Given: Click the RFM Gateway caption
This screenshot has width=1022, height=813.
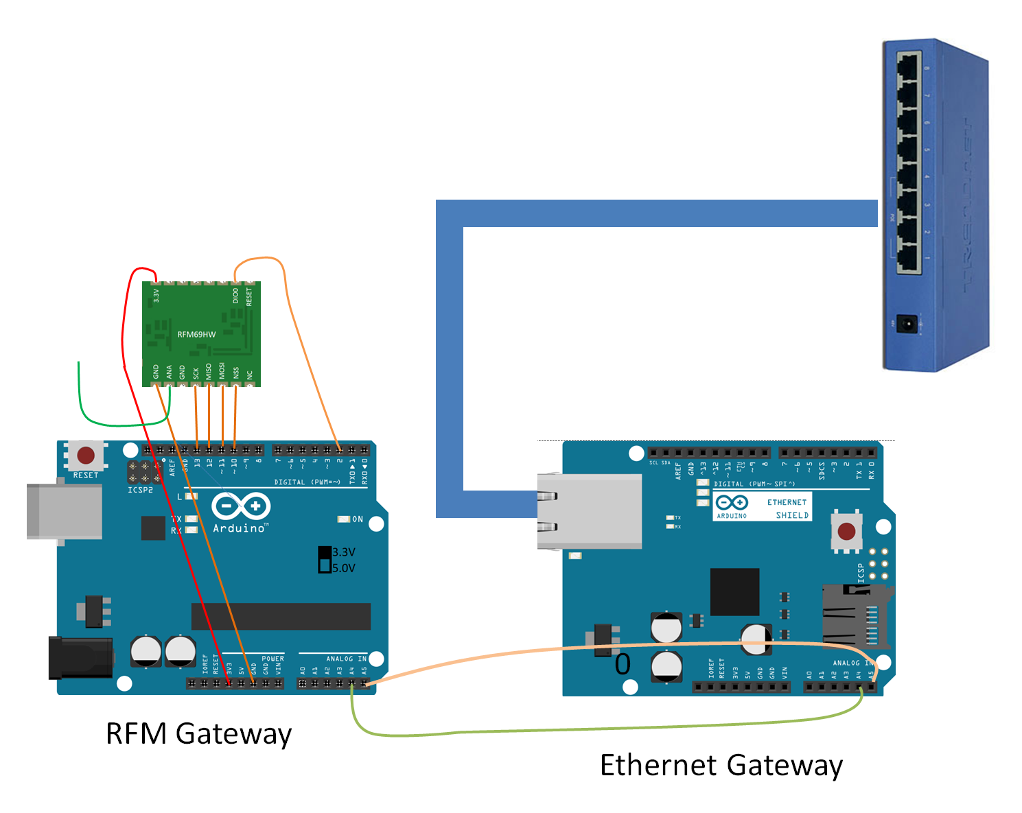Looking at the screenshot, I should click(x=198, y=733).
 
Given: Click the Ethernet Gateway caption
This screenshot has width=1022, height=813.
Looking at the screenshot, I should click(x=721, y=765).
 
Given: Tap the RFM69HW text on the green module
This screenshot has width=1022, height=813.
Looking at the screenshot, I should click(x=196, y=335).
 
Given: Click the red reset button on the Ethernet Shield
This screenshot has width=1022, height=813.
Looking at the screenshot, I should click(x=846, y=531).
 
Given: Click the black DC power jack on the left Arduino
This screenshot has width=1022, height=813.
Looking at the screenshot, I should click(x=80, y=657).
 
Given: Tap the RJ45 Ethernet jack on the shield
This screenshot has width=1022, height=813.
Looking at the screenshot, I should click(x=589, y=511).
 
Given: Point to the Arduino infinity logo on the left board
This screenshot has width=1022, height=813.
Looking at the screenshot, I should click(x=240, y=507).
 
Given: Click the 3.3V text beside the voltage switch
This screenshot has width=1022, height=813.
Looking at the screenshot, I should click(x=344, y=552).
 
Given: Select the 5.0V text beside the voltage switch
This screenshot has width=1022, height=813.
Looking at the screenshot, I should click(x=344, y=568).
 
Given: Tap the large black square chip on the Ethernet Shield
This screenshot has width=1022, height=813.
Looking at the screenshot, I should click(x=734, y=591).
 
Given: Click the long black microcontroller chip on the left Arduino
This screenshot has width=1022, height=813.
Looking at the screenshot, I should click(x=281, y=616).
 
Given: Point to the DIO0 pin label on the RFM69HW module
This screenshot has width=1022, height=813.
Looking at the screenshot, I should click(x=236, y=296).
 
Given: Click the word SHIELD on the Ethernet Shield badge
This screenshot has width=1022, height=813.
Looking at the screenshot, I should click(x=792, y=515).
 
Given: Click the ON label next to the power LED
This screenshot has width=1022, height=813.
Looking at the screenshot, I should click(x=358, y=519).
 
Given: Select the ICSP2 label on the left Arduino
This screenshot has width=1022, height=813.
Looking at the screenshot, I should click(x=140, y=490).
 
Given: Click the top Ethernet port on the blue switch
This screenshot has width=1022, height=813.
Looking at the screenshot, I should click(x=908, y=67).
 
